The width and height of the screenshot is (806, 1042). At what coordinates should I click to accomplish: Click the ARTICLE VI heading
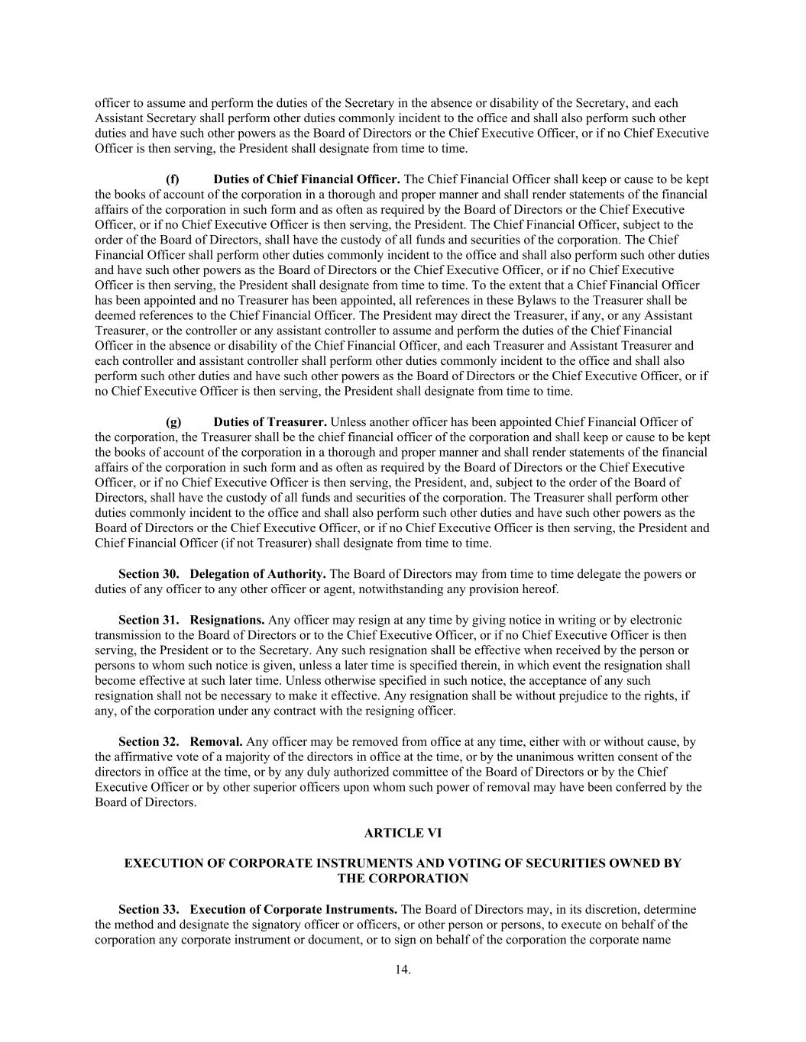pyautogui.click(x=403, y=833)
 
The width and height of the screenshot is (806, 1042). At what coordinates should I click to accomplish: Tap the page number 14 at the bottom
pyautogui.click(x=403, y=969)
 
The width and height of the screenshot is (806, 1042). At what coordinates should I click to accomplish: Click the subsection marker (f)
pyautogui.click(x=173, y=179)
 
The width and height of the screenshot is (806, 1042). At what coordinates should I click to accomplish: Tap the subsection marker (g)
pyautogui.click(x=173, y=421)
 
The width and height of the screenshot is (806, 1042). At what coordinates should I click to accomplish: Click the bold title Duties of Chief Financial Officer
pyautogui.click(x=306, y=179)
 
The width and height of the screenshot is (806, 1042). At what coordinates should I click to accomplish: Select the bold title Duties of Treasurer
pyautogui.click(x=270, y=421)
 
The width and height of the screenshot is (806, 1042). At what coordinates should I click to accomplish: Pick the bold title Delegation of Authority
pyautogui.click(x=258, y=574)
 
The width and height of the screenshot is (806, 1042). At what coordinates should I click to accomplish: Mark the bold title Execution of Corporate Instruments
pyautogui.click(x=293, y=909)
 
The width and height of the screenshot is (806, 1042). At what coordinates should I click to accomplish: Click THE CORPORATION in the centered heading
pyautogui.click(x=403, y=879)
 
